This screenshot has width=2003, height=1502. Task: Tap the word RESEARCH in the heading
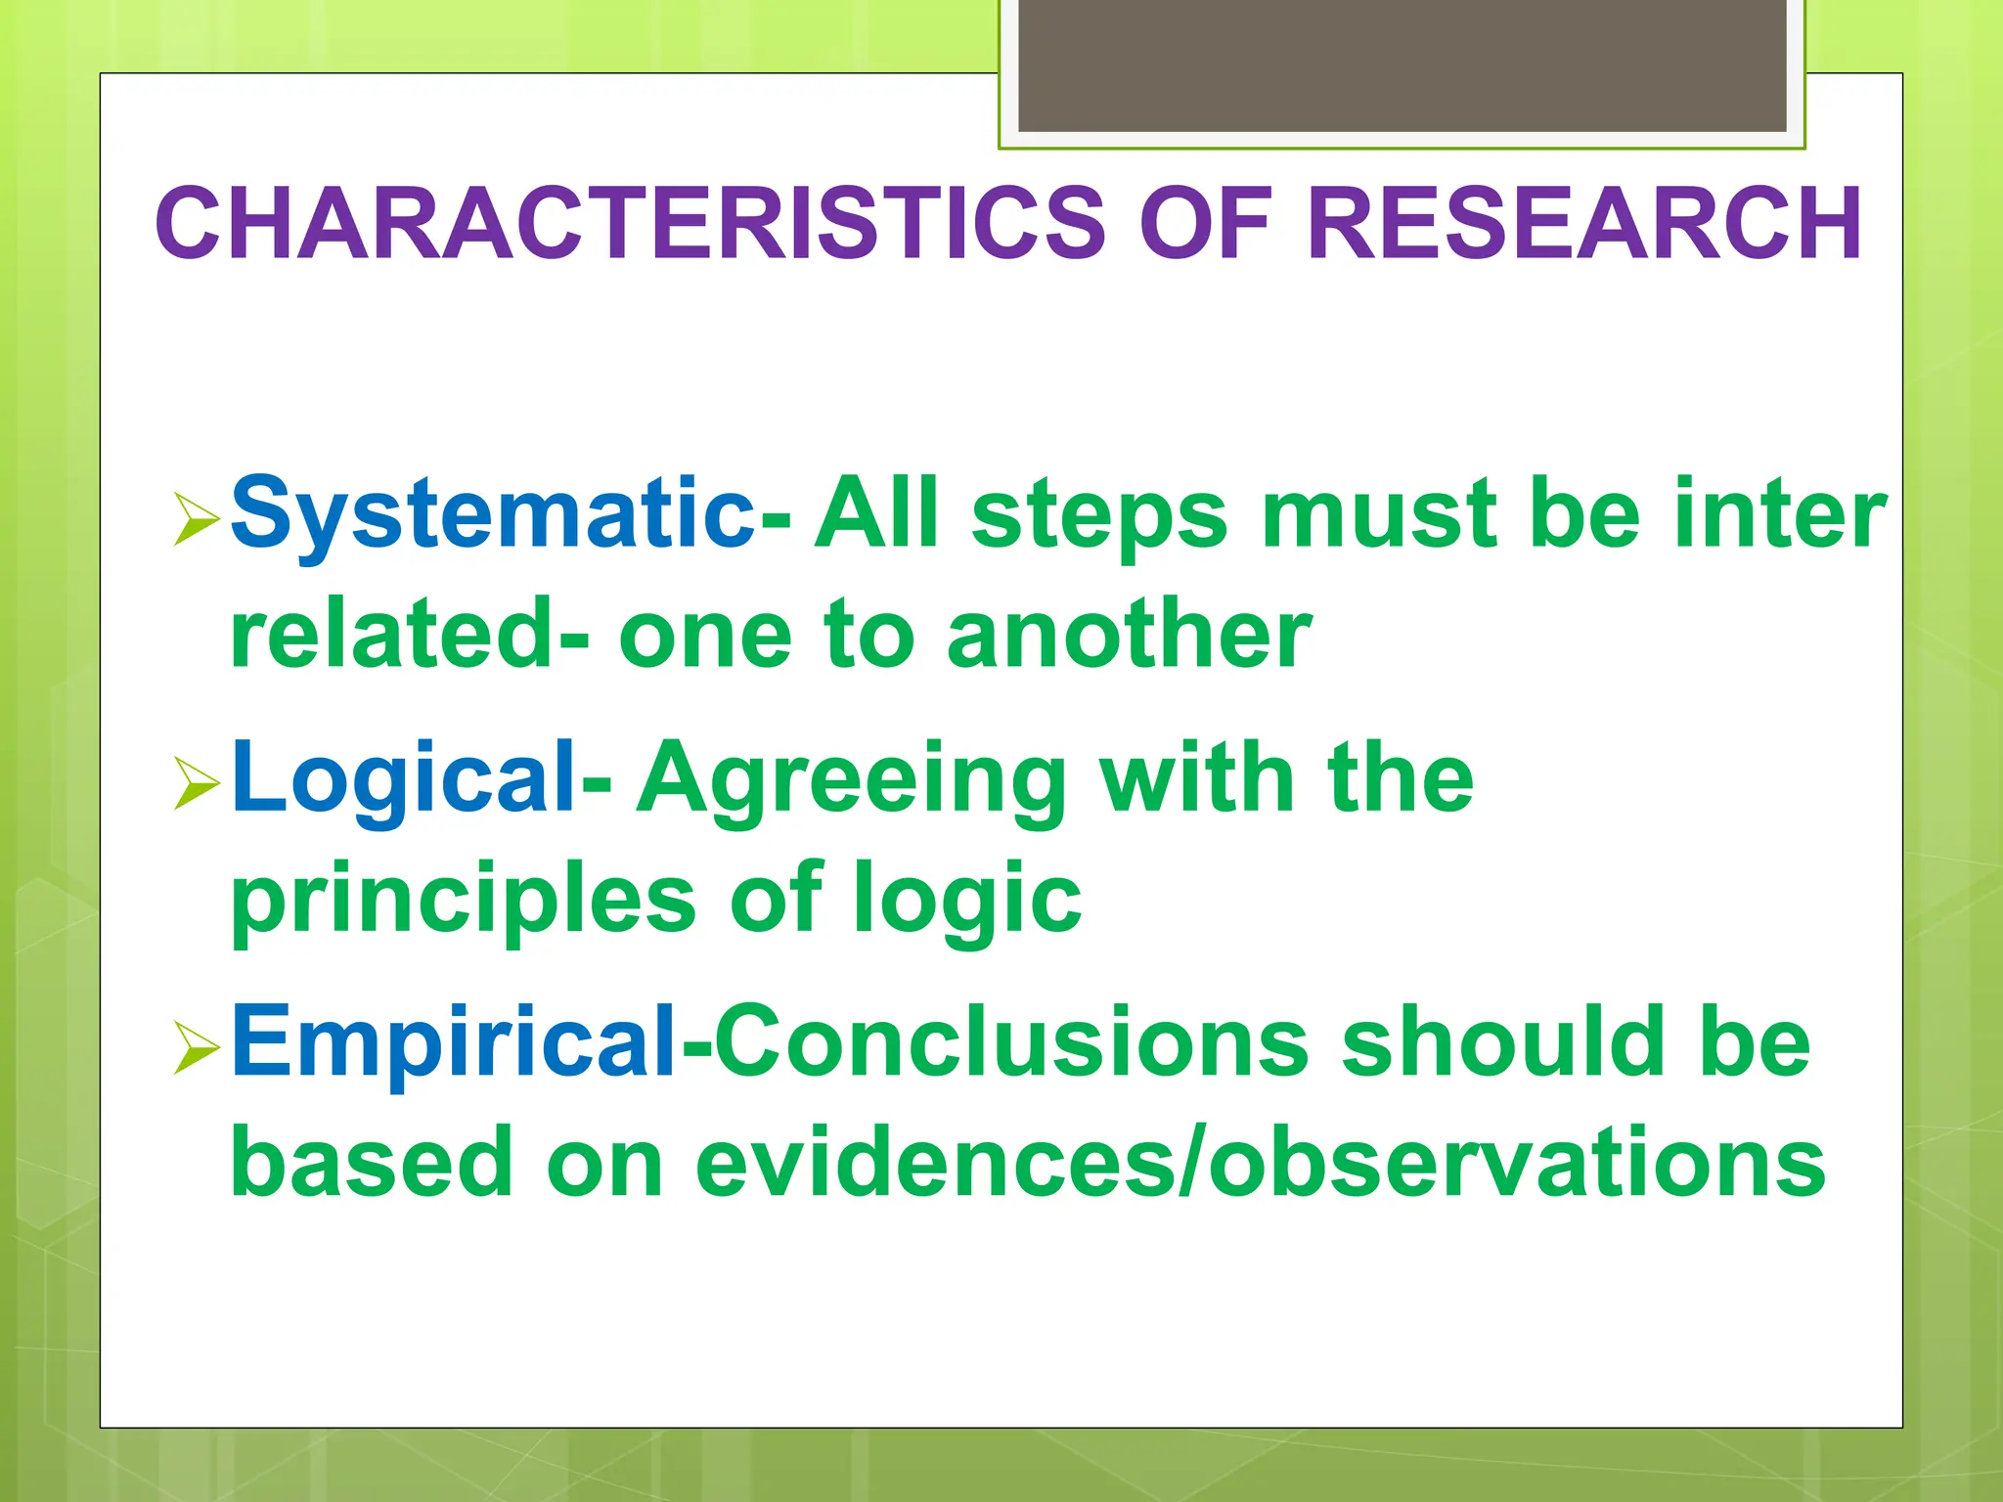[x=1584, y=224]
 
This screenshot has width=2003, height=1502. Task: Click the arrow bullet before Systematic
[x=196, y=519]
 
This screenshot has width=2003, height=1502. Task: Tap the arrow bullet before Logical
[x=196, y=783]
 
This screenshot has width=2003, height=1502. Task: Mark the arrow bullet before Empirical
[x=196, y=1047]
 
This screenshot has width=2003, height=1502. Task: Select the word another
[x=1129, y=636]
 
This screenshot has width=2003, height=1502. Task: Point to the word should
[x=1502, y=1042]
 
